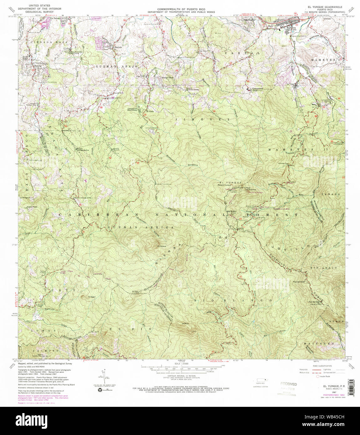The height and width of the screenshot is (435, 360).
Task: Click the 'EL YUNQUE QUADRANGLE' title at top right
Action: (x=325, y=7)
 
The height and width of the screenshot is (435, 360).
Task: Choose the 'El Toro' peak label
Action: (x=135, y=292)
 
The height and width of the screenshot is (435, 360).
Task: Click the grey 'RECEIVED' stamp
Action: (x=288, y=384)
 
